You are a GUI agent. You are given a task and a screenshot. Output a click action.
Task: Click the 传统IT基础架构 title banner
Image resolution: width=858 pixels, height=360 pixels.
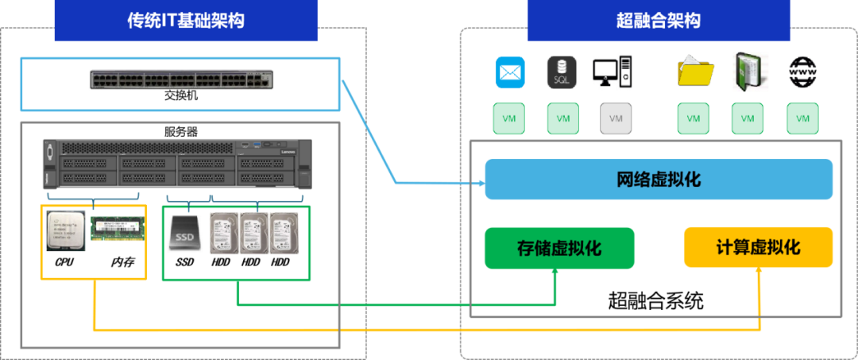[x=185, y=21]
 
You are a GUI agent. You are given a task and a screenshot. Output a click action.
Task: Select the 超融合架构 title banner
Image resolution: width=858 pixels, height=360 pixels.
[x=659, y=21]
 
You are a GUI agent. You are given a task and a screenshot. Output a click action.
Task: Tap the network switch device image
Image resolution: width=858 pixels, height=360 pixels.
[x=181, y=79]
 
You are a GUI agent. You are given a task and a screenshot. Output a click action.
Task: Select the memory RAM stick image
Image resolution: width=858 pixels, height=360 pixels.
[x=118, y=230]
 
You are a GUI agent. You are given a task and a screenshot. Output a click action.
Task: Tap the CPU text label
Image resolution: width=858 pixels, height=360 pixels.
[x=64, y=261]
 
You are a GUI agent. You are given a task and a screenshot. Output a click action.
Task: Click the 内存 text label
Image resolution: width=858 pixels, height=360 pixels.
[x=122, y=261]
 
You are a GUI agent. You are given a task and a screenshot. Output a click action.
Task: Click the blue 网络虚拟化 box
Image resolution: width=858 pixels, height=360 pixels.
[x=659, y=179]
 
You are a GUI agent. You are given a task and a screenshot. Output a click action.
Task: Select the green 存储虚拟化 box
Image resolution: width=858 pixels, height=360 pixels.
[x=559, y=248]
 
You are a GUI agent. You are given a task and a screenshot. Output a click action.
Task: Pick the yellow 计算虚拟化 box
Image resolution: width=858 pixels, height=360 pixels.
[x=758, y=248]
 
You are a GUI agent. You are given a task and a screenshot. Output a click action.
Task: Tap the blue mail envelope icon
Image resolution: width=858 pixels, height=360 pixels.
[x=510, y=72]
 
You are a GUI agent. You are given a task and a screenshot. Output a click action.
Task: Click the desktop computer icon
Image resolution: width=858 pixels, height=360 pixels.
[x=612, y=72]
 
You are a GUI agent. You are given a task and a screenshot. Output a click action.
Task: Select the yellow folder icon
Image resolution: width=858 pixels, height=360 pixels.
[x=695, y=71]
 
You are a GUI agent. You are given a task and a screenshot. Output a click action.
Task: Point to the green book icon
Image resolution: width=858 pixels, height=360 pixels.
[x=749, y=71]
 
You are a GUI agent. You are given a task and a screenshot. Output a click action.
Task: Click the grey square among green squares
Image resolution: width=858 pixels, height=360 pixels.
[x=616, y=118]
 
